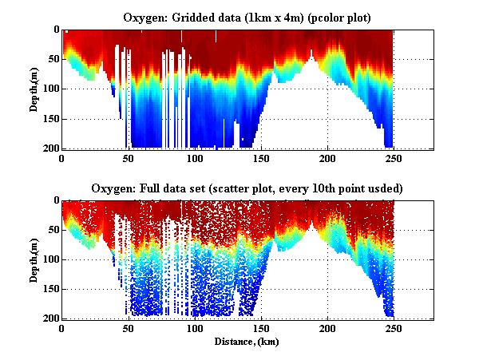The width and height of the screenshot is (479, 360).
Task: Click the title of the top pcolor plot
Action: [x=246, y=18]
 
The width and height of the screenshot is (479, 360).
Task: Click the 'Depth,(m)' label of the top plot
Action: [x=35, y=89]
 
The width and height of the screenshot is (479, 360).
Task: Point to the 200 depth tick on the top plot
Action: [x=51, y=148]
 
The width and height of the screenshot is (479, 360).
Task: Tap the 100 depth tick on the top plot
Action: [x=51, y=89]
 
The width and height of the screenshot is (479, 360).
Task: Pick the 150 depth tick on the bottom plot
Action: [x=51, y=289]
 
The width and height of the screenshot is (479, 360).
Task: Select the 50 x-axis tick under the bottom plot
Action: [x=128, y=329]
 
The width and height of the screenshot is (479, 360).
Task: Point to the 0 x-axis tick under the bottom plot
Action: [x=61, y=329]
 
